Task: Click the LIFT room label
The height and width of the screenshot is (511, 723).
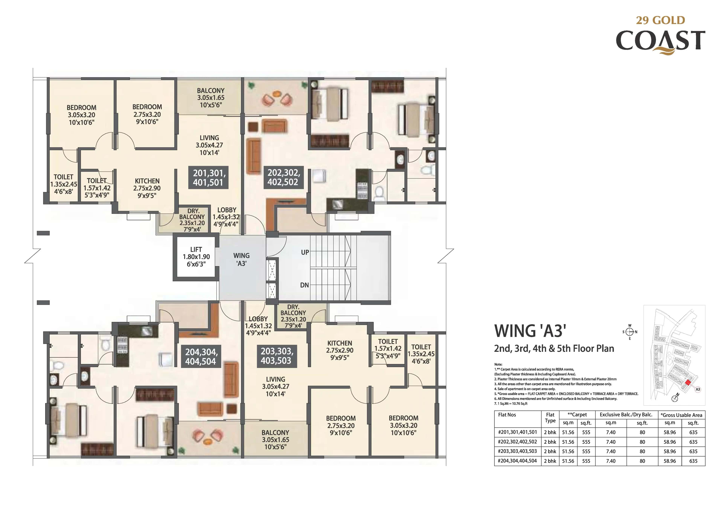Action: click(x=196, y=257)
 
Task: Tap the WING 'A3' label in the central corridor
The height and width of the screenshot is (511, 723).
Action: click(x=242, y=259)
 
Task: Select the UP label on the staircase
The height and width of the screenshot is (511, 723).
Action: click(x=305, y=252)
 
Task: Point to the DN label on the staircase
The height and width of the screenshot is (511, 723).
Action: click(x=304, y=285)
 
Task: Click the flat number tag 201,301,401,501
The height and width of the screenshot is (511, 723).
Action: click(x=208, y=177)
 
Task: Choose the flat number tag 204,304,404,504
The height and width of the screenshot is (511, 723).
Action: click(x=201, y=356)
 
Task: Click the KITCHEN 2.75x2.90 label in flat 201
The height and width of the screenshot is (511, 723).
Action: click(x=147, y=188)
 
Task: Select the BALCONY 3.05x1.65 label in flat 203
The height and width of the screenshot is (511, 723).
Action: click(x=275, y=439)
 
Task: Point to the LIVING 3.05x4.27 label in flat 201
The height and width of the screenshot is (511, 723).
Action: click(x=209, y=145)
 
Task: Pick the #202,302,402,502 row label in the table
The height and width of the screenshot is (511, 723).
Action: click(x=517, y=442)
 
